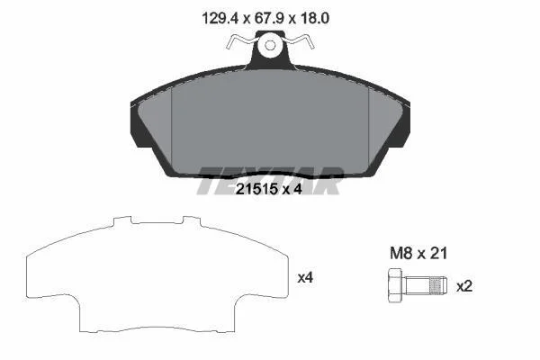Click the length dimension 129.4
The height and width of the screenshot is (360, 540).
[220, 18]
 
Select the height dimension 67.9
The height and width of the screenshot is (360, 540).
[269, 18]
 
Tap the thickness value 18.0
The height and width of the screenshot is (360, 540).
[315, 18]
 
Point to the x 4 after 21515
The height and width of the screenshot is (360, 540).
[292, 189]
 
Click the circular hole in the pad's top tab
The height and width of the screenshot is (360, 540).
[270, 45]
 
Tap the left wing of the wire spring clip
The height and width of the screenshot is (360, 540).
[240, 42]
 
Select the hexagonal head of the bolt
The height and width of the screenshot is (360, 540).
[396, 285]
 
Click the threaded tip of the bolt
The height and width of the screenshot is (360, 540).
[438, 286]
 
